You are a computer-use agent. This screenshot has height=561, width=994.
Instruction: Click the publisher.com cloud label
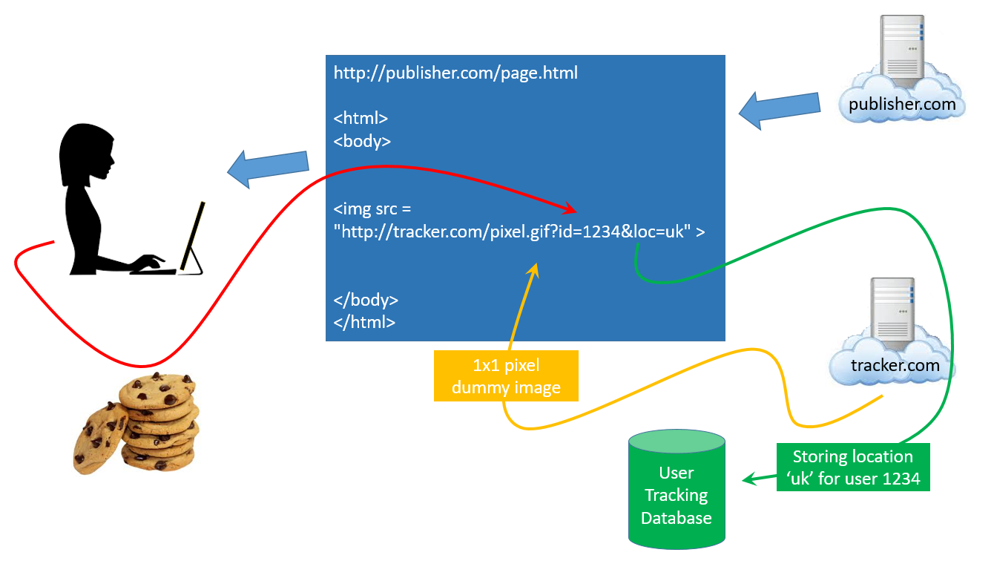[902, 105]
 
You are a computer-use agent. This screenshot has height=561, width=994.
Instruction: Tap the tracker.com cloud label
[895, 365]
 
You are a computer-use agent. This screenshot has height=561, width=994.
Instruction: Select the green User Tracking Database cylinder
[677, 489]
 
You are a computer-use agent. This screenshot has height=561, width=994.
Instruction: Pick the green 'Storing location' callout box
[853, 467]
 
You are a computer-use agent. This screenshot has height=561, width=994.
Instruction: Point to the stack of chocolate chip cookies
[136, 424]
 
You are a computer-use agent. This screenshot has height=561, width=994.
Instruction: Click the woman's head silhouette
[87, 153]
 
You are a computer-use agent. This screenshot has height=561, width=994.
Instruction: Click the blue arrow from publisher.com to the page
[780, 110]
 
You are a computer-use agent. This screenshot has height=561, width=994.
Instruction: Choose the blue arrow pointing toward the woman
[268, 168]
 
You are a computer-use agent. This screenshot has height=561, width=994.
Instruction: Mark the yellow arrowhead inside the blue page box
[533, 271]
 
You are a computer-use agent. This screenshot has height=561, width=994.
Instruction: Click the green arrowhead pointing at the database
[750, 479]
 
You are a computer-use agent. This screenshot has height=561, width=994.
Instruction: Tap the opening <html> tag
[361, 119]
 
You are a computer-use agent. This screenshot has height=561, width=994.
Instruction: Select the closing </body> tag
[366, 300]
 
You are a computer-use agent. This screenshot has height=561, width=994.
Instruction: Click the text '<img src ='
[372, 209]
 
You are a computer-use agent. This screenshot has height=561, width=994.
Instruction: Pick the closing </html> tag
[364, 322]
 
